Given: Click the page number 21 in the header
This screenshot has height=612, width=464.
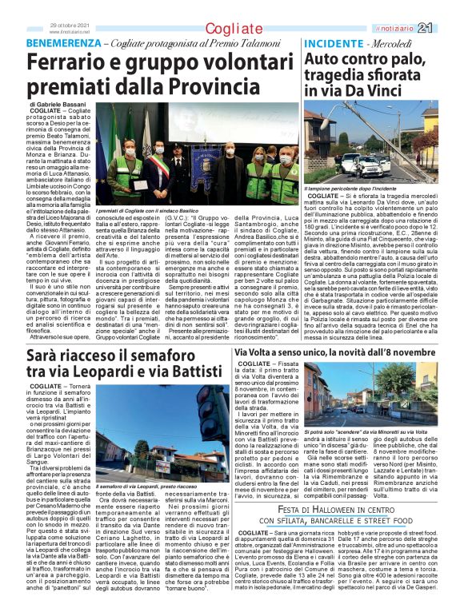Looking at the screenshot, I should (x=446, y=28).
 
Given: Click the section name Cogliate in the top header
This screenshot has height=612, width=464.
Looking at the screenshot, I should (x=232, y=29).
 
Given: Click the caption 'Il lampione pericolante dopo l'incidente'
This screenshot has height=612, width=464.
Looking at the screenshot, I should (x=350, y=188).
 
